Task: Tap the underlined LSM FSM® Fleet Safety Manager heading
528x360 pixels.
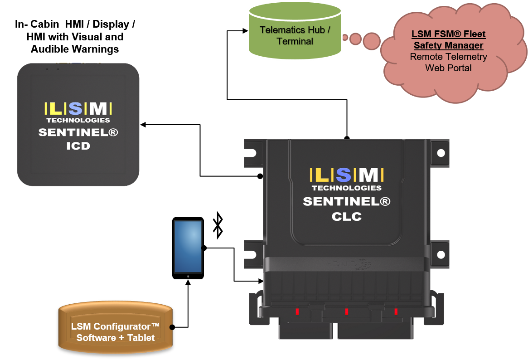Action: click(448, 40)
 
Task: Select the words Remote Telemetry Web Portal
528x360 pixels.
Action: click(448, 63)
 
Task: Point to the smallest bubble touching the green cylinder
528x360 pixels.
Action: click(345, 37)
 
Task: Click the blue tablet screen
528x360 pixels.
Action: click(188, 246)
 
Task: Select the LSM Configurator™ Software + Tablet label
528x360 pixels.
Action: click(116, 332)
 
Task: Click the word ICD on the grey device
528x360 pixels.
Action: click(78, 146)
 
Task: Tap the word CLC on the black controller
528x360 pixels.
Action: click(346, 216)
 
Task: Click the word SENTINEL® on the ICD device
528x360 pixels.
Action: click(78, 133)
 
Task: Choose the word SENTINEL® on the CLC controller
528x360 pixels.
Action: click(346, 202)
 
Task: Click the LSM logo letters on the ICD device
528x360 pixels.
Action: click(78, 108)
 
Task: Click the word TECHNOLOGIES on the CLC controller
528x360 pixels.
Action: click(346, 188)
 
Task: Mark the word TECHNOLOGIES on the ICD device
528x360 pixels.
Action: click(78, 120)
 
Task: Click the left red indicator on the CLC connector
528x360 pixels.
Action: click(297, 311)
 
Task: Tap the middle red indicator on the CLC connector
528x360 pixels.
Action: click(346, 311)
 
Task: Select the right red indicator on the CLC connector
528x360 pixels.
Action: click(396, 311)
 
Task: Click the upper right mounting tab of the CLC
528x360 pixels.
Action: click(437, 149)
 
